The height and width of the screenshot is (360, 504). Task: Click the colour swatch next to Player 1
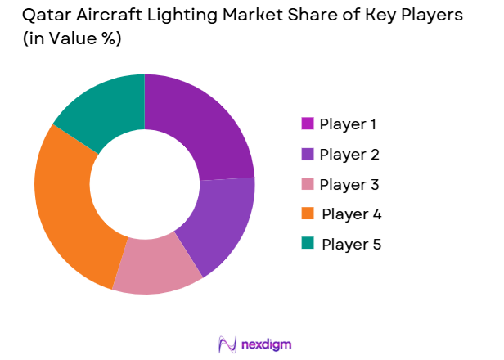click(x=308, y=124)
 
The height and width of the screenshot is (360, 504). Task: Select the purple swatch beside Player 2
click(x=308, y=154)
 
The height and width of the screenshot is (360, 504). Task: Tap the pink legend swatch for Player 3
click(x=308, y=184)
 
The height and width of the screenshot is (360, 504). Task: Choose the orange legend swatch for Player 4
click(x=308, y=214)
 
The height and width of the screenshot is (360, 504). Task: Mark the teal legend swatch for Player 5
click(x=308, y=244)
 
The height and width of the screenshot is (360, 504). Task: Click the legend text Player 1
click(x=349, y=124)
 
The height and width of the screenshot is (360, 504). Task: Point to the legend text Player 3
click(x=349, y=184)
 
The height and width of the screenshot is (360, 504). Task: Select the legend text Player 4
click(x=352, y=214)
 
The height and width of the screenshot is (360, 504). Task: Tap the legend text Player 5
click(x=352, y=244)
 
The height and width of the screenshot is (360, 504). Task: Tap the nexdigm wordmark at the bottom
click(x=265, y=344)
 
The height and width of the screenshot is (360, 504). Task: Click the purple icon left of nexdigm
click(x=227, y=344)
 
